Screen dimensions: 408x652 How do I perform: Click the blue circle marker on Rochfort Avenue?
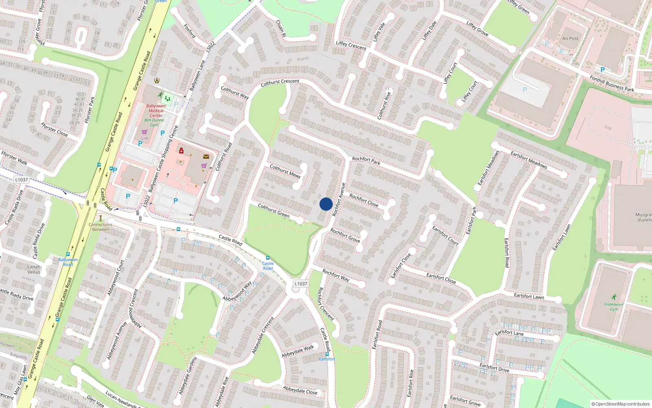(326, 204)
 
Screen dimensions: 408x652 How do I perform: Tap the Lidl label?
(145, 138)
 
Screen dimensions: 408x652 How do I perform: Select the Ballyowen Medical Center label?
(156, 111)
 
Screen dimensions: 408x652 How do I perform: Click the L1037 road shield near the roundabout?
(301, 284)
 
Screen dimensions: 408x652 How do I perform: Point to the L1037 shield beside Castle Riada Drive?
(22, 180)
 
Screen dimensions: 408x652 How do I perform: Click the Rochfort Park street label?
(366, 161)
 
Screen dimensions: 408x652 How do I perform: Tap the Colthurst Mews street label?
(285, 171)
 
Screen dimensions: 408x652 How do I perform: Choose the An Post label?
(570, 38)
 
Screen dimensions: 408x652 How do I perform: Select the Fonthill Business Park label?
(612, 83)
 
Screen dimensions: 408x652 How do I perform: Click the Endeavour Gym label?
(614, 306)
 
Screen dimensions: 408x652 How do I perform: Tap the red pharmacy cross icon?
(181, 151)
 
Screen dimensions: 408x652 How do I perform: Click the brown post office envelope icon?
(206, 156)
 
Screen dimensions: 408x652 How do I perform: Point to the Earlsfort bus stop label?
(327, 359)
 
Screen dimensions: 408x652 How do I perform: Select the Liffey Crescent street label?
(351, 46)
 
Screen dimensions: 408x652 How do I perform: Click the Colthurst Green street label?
(274, 211)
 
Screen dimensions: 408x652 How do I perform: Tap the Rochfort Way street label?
(335, 275)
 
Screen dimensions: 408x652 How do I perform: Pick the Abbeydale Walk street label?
(298, 351)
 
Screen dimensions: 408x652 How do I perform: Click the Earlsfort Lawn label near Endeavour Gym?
(529, 296)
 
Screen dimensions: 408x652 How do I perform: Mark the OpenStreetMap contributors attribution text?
(621, 404)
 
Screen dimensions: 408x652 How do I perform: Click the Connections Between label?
(101, 227)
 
